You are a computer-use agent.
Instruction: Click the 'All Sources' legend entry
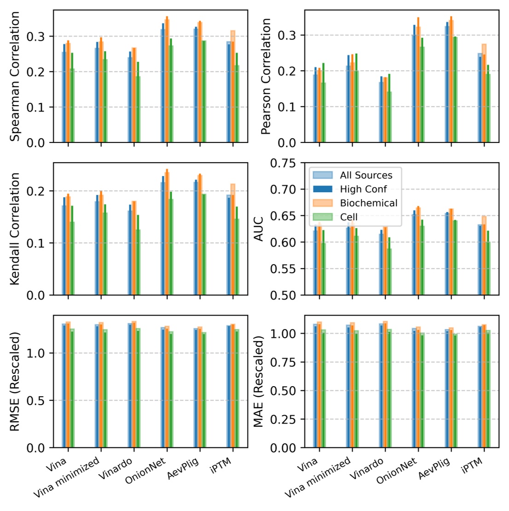pos(366,175)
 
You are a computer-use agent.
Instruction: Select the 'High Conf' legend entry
pos(363,189)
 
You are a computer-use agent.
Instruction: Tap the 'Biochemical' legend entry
pos(369,203)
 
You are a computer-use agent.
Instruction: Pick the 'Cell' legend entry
pos(348,217)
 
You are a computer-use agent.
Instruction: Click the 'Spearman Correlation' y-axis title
pos(15,76)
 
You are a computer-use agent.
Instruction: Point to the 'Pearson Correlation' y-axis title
pos(266,76)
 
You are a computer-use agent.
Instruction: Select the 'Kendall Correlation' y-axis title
pos(15,229)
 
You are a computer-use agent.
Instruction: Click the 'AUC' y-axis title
pos(259,229)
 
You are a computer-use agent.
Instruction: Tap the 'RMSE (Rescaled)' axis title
pos(15,381)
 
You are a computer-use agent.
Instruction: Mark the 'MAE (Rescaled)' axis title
pos(259,381)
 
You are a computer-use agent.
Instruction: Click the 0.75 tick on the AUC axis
pos(286,164)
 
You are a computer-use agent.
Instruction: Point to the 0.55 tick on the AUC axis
pos(286,269)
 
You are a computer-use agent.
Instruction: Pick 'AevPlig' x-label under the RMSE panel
pos(184,469)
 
